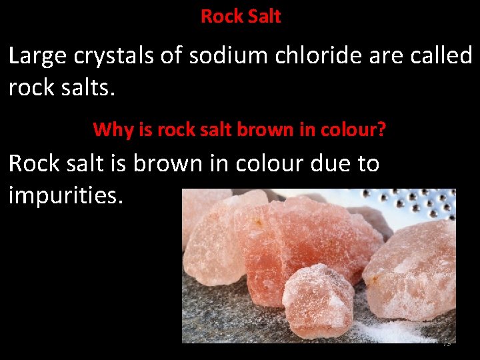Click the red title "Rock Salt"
(x=241, y=16)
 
